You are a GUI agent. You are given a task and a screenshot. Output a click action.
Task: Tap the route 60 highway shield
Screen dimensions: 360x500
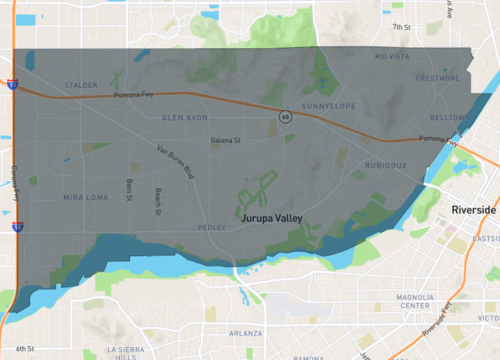tap(285, 117)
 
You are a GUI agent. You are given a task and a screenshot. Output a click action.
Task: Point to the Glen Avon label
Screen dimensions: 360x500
tap(184, 117)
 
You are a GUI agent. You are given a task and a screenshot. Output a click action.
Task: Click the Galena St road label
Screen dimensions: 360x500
tap(226, 140)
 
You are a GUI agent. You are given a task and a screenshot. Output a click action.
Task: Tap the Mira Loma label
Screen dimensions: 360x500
tap(84, 197)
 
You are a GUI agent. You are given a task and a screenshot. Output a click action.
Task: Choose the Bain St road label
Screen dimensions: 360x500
tap(129, 189)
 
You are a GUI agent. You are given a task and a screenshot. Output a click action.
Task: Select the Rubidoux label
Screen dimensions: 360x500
tap(385, 165)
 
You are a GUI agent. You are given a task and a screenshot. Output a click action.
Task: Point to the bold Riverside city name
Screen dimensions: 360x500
tap(473, 211)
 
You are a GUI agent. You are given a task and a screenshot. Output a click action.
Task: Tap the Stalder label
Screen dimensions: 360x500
tap(80, 85)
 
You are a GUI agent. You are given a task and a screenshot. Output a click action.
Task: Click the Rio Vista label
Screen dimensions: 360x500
tap(392, 57)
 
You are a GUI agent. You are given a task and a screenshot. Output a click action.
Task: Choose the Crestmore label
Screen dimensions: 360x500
tap(437, 77)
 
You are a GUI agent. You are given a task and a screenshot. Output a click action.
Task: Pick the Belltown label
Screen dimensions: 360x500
tap(449, 117)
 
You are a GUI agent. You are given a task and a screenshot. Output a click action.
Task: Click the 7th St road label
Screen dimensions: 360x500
tap(402, 27)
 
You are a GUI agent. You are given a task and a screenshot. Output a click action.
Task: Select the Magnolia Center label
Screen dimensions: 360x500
tap(414, 301)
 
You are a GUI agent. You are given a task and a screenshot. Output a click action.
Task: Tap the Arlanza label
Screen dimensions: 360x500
tap(245, 332)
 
